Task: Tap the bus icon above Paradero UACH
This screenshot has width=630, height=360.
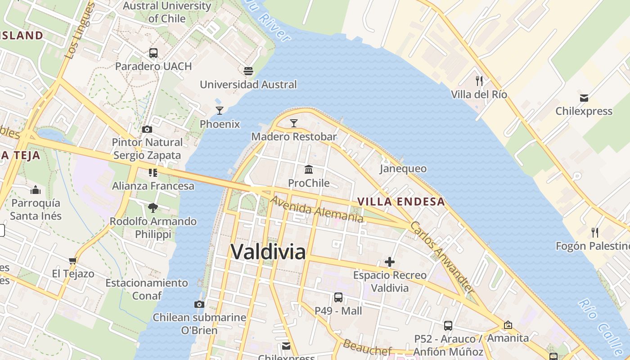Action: click(153, 53)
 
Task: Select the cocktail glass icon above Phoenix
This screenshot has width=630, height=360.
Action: click(220, 111)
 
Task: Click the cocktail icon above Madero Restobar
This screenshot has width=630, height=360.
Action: click(294, 123)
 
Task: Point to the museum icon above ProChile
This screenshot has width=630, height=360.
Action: click(309, 170)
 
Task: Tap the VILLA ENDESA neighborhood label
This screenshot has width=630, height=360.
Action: click(401, 202)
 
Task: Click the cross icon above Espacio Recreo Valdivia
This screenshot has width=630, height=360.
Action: click(390, 262)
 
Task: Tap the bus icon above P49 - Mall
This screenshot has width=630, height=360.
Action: click(338, 297)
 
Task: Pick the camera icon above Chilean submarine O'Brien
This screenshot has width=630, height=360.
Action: click(199, 305)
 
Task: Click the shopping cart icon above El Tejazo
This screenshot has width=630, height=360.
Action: click(73, 261)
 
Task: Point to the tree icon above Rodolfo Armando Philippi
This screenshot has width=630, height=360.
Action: click(153, 208)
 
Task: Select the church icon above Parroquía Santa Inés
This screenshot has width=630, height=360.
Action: click(36, 190)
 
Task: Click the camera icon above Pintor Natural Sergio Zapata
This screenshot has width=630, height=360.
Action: click(147, 130)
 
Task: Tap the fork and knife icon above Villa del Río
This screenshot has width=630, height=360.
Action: click(479, 81)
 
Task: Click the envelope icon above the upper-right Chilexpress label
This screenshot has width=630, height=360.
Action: click(584, 98)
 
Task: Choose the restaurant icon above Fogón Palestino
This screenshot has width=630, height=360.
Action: click(595, 233)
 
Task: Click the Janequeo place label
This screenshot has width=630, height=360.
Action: click(403, 168)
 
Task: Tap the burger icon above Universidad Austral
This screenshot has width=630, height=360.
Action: click(248, 71)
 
